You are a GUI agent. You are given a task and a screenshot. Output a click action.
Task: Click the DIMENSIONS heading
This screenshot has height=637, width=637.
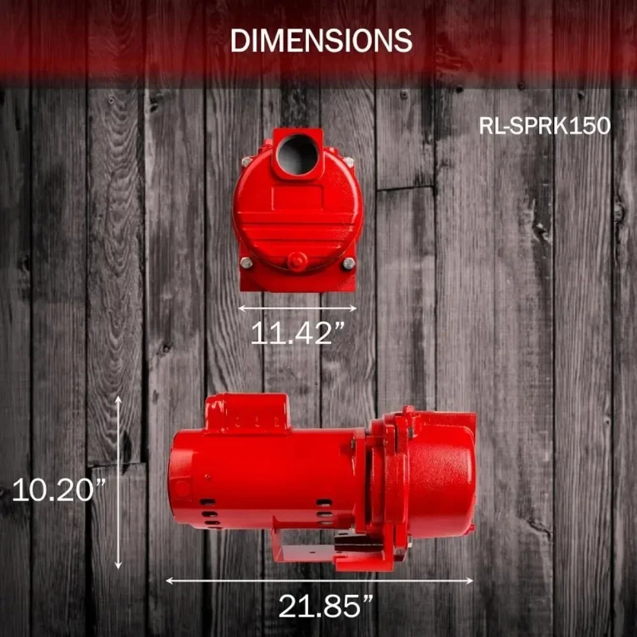321,41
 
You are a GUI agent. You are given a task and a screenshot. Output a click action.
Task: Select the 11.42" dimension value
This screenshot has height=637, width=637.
298,333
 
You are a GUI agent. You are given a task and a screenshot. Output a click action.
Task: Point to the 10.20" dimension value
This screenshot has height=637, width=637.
59,490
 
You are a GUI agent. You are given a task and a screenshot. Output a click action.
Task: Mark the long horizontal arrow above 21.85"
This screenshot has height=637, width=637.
319,580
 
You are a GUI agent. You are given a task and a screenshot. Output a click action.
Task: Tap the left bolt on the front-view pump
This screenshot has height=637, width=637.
246,263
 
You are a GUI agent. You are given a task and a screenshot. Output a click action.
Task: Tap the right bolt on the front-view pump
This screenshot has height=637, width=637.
348,263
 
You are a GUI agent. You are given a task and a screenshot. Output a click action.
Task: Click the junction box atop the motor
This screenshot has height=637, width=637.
247,412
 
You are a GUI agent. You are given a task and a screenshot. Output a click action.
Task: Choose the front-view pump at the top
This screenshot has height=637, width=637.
297,210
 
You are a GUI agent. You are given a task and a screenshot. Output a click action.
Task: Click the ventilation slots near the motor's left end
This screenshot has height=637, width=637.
210,513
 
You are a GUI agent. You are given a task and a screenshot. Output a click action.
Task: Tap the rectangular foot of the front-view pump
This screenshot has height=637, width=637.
297,280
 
